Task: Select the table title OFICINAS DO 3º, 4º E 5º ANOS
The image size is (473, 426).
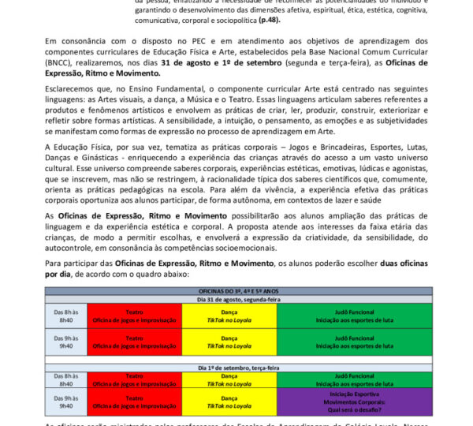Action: click(239, 291)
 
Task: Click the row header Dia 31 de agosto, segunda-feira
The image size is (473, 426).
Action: click(239, 299)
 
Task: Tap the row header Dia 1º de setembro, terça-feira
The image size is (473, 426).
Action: click(239, 368)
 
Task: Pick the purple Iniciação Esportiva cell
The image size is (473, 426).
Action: click(354, 401)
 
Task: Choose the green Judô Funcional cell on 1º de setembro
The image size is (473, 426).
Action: click(354, 379)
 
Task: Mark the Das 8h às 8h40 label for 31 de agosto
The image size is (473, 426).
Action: click(66, 315)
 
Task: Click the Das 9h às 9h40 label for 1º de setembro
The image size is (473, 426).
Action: click(66, 401)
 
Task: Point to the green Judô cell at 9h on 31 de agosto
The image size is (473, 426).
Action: click(354, 341)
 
